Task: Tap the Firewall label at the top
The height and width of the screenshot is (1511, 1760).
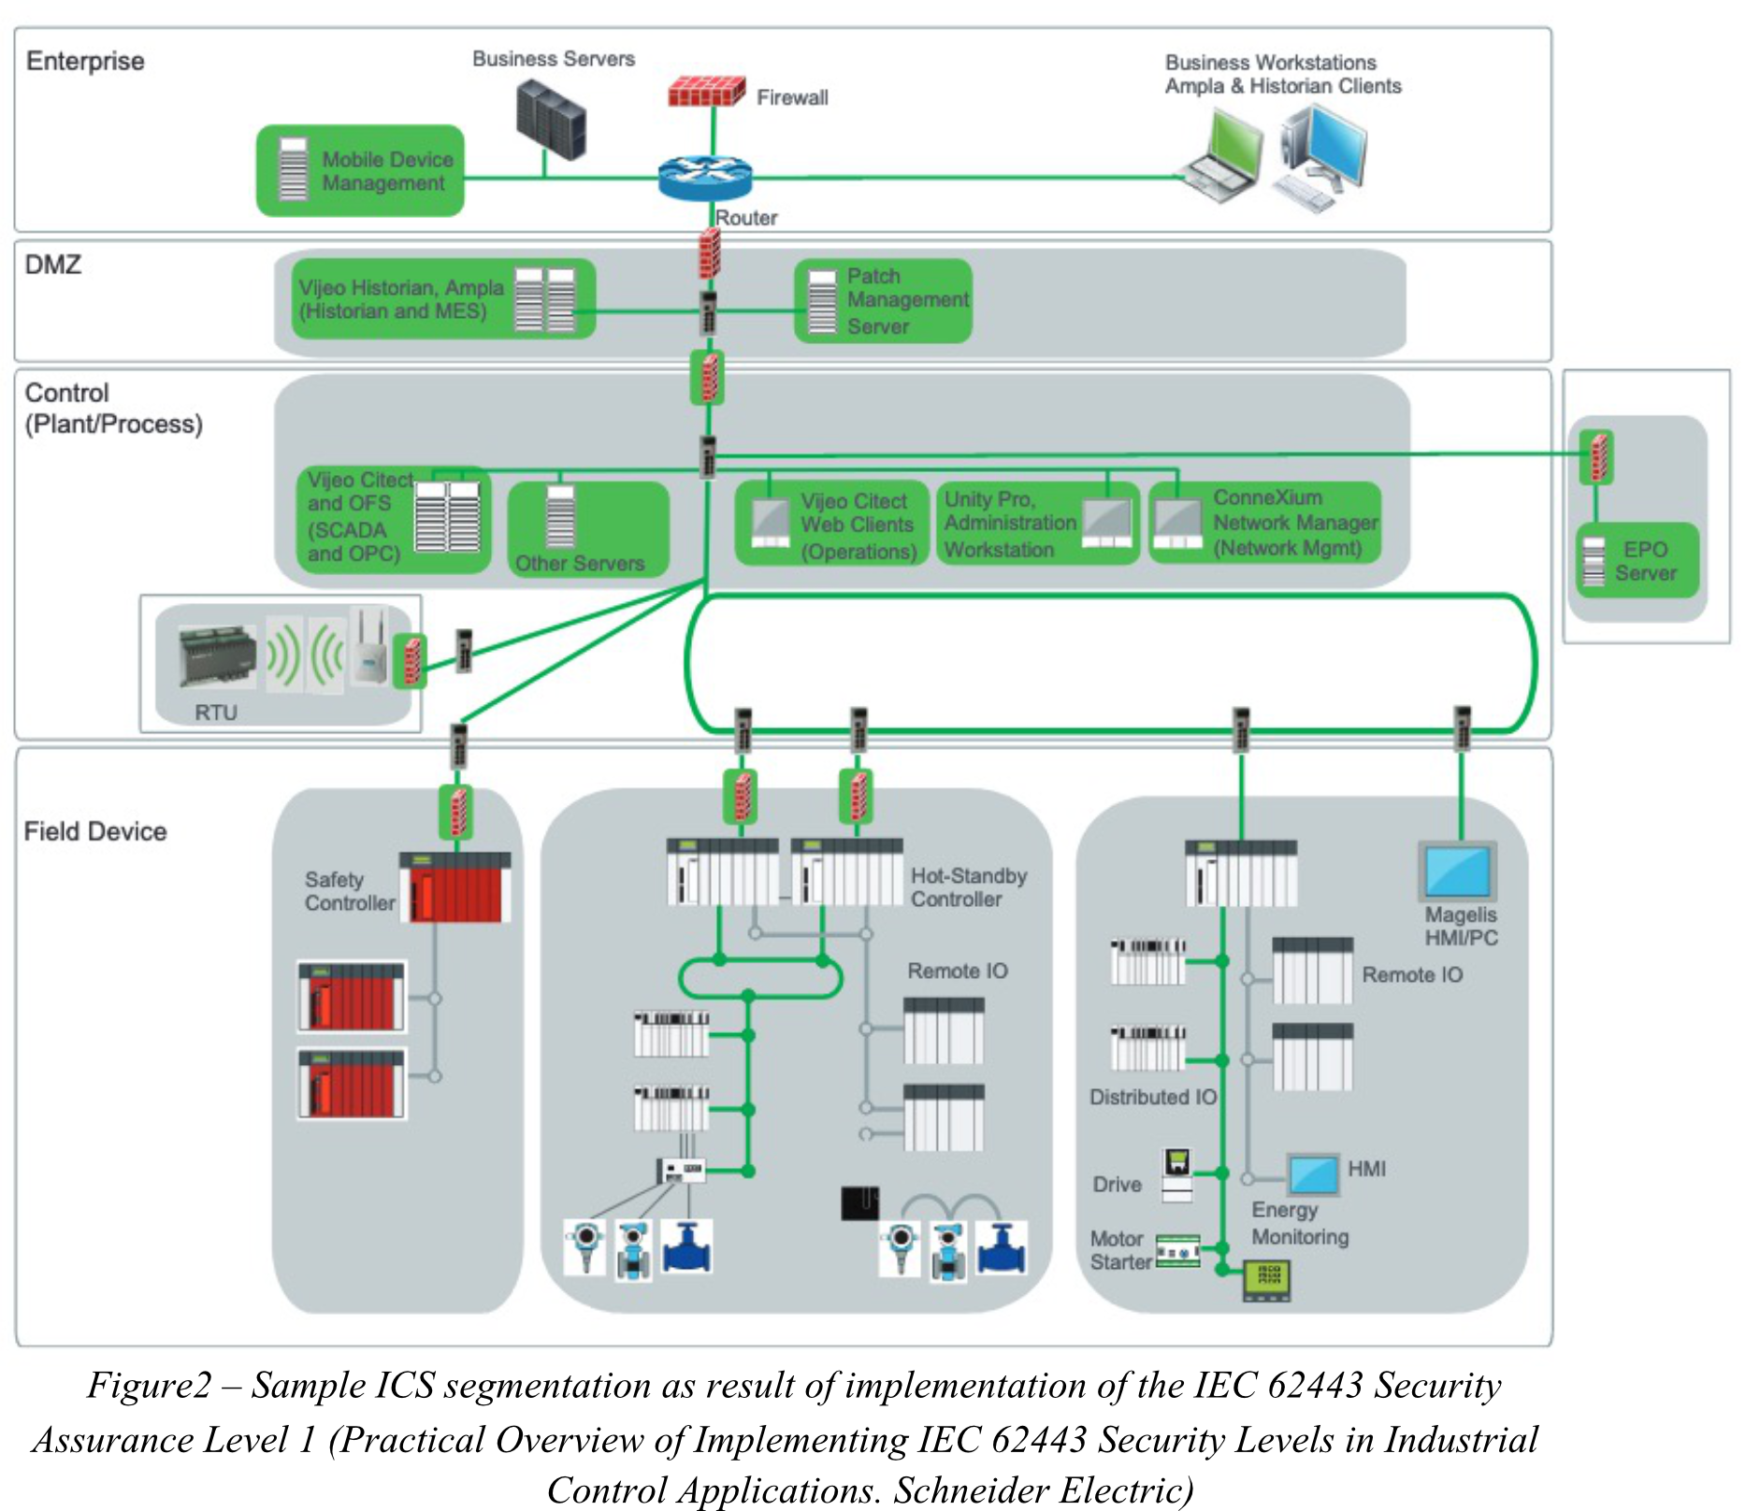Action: pos(791,97)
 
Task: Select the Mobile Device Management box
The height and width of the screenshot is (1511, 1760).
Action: pos(360,171)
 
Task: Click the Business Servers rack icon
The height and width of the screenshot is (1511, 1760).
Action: pos(551,119)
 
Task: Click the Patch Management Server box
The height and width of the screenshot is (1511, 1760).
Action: pos(883,301)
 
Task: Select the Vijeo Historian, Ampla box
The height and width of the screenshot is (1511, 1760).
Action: pos(435,299)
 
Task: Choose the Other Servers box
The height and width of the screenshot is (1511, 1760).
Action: pos(588,529)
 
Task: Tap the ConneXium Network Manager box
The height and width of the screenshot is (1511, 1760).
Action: pos(1264,523)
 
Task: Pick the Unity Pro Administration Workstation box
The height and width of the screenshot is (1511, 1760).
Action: pos(1037,524)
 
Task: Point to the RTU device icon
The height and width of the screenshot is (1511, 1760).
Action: pos(217,655)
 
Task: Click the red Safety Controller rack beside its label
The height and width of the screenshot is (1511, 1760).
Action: pos(455,887)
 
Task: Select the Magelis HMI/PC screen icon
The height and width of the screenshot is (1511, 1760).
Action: pos(1457,871)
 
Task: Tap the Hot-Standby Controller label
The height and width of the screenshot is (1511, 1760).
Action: pos(968,887)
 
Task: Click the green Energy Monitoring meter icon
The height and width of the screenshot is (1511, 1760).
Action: pos(1266,1279)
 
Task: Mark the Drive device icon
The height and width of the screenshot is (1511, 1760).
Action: pos(1177,1173)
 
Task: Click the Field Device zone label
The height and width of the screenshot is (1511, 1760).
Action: pos(95,831)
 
